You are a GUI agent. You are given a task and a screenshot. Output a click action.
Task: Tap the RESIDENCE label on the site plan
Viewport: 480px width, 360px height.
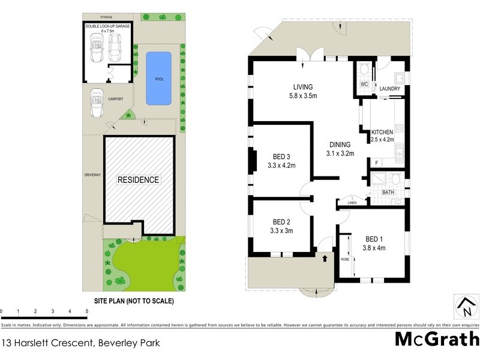(x=138, y=179)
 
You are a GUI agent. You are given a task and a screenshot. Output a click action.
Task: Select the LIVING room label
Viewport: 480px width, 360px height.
(x=302, y=87)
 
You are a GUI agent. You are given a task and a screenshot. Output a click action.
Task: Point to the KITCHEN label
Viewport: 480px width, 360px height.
(x=382, y=132)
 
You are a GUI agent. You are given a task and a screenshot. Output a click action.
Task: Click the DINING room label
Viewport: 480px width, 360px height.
(x=340, y=145)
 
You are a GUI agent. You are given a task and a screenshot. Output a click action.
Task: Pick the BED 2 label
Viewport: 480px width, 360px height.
(x=281, y=221)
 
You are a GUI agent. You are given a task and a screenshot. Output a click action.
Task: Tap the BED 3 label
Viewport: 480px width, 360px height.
(x=281, y=157)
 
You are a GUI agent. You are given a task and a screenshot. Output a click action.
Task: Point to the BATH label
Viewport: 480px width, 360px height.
(x=389, y=193)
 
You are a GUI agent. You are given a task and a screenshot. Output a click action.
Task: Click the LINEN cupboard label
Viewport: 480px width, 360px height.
(x=353, y=203)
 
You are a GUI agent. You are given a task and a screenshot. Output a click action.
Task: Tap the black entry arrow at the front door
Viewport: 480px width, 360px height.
(x=325, y=259)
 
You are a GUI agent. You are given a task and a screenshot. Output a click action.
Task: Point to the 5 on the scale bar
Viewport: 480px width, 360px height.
(x=87, y=311)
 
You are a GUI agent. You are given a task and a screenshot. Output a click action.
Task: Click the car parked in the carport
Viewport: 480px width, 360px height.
(x=96, y=104)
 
